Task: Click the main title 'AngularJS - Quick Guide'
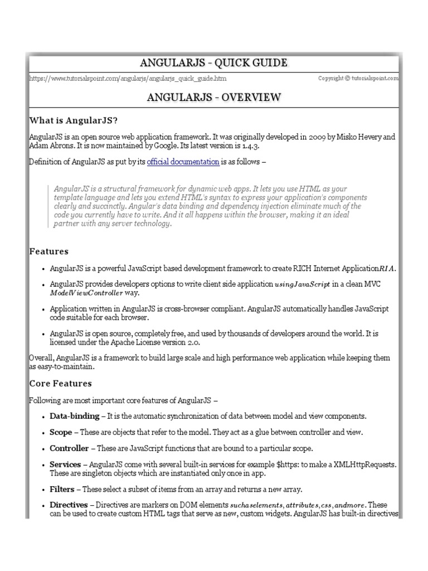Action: click(214, 62)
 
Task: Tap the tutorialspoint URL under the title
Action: click(128, 79)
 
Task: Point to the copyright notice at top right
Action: click(358, 79)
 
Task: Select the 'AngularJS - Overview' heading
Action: click(214, 98)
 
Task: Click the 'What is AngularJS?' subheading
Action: click(74, 120)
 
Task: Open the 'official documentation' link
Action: click(183, 162)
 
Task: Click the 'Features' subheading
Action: click(48, 251)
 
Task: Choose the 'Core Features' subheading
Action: click(60, 384)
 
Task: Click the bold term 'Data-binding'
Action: click(74, 416)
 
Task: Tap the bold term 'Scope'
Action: click(61, 432)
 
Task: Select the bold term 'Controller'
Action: click(69, 448)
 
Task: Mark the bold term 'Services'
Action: click(65, 464)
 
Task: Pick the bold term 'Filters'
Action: click(61, 489)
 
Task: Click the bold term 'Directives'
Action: click(69, 505)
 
